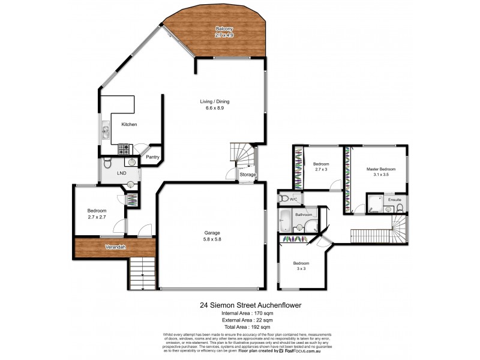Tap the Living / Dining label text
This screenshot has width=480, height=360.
[215, 105]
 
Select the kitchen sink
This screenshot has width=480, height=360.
[105, 131]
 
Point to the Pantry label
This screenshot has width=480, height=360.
[152, 157]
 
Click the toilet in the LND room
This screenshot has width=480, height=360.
[107, 163]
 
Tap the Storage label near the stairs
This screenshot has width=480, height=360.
[248, 175]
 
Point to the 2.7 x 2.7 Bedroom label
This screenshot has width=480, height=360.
[97, 214]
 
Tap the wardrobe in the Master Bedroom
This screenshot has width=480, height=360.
[347, 180]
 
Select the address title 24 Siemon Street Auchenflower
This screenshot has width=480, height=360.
[250, 304]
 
